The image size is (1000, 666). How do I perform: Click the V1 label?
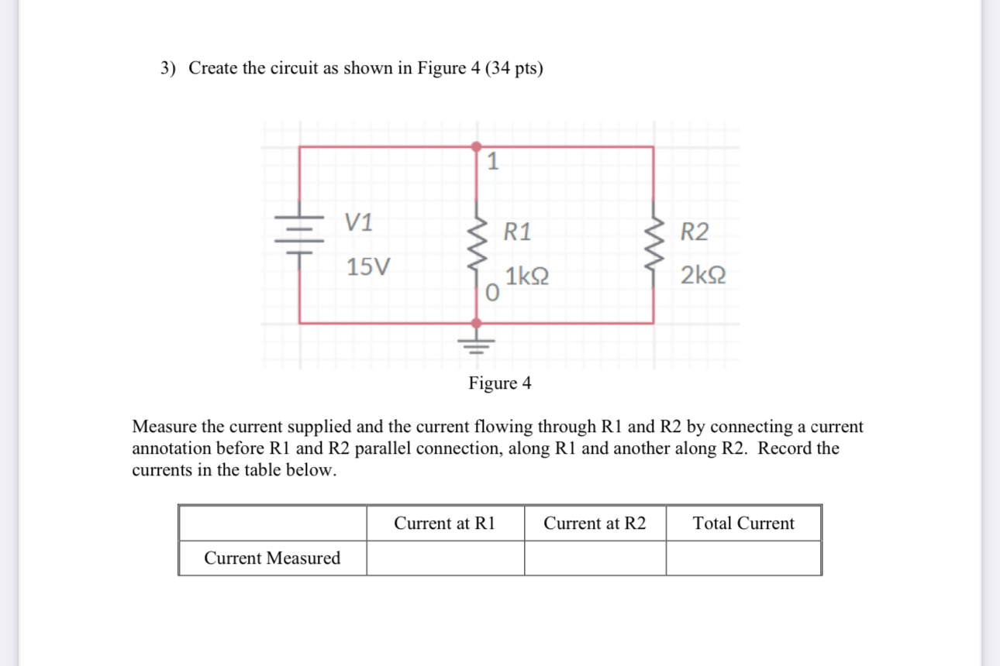pos(359,223)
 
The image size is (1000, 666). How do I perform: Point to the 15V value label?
pos(368,268)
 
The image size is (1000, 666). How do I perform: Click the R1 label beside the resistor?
pos(517,232)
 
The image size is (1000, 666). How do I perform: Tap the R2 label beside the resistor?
pos(694,232)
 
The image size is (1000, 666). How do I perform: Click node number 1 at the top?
pos(492,162)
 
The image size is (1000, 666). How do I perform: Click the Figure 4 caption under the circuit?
pos(500,383)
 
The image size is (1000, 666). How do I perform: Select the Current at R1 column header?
pos(444,524)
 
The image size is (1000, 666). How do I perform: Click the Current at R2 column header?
pos(595,524)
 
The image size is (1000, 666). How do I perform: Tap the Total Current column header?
pos(743,524)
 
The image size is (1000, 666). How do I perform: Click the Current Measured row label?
pos(272,558)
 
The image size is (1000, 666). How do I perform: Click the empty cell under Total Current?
pos(743,558)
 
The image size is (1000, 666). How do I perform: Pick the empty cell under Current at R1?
pos(445,558)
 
